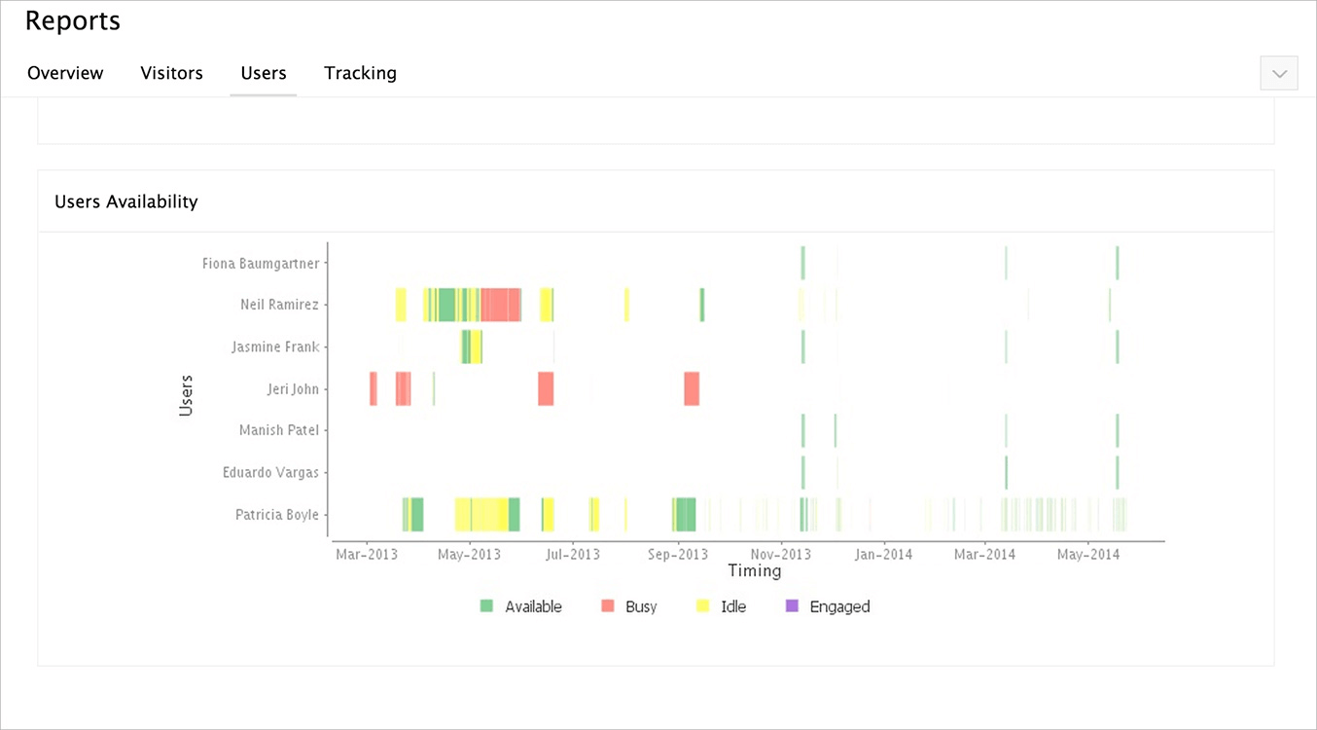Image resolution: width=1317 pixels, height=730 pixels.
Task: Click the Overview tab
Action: tap(65, 73)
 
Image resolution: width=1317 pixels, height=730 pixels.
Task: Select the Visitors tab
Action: tap(171, 73)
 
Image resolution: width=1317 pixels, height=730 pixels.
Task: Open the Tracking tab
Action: tap(360, 73)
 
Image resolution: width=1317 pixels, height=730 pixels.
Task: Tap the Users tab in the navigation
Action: tap(264, 73)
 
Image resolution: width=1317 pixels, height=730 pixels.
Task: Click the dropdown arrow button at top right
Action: tap(1278, 73)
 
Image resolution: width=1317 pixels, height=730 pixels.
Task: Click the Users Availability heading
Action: tap(126, 201)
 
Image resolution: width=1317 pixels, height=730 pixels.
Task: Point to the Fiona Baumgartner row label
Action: tap(260, 263)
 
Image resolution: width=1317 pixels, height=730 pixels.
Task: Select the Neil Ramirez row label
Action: tap(279, 305)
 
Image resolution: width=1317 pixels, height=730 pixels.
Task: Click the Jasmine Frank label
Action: tap(275, 347)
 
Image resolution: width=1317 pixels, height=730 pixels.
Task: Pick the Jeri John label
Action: tap(292, 388)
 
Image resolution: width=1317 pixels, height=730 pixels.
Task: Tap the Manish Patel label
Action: tap(278, 430)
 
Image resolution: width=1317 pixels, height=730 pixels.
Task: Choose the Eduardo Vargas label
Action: tap(270, 472)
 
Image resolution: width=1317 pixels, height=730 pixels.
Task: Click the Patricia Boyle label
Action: tap(276, 514)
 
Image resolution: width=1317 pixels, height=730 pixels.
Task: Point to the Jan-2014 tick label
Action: tap(882, 555)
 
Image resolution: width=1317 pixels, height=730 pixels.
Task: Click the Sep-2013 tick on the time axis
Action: tap(677, 555)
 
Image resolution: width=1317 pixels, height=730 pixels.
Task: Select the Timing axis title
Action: tap(754, 571)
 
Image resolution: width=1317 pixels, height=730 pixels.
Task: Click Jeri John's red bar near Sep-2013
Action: tap(692, 388)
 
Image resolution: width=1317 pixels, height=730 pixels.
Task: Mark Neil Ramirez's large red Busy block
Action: tap(500, 305)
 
